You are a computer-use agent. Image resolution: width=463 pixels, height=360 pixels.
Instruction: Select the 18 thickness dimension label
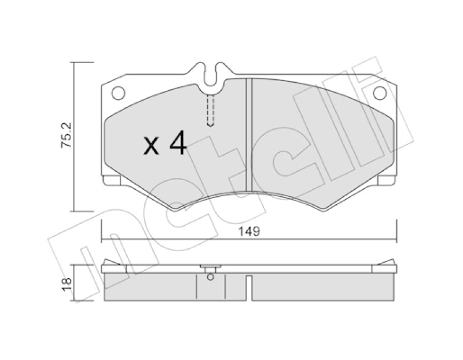[67, 282]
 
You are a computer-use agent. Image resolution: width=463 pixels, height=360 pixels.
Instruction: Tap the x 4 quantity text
[166, 144]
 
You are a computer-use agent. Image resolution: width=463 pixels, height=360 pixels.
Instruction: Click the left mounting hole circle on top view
[118, 93]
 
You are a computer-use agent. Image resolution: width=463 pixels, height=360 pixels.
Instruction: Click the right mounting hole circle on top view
[380, 93]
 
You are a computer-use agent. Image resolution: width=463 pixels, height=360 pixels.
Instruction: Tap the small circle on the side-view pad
[210, 277]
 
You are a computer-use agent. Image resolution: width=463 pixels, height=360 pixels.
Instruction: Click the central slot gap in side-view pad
[249, 288]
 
